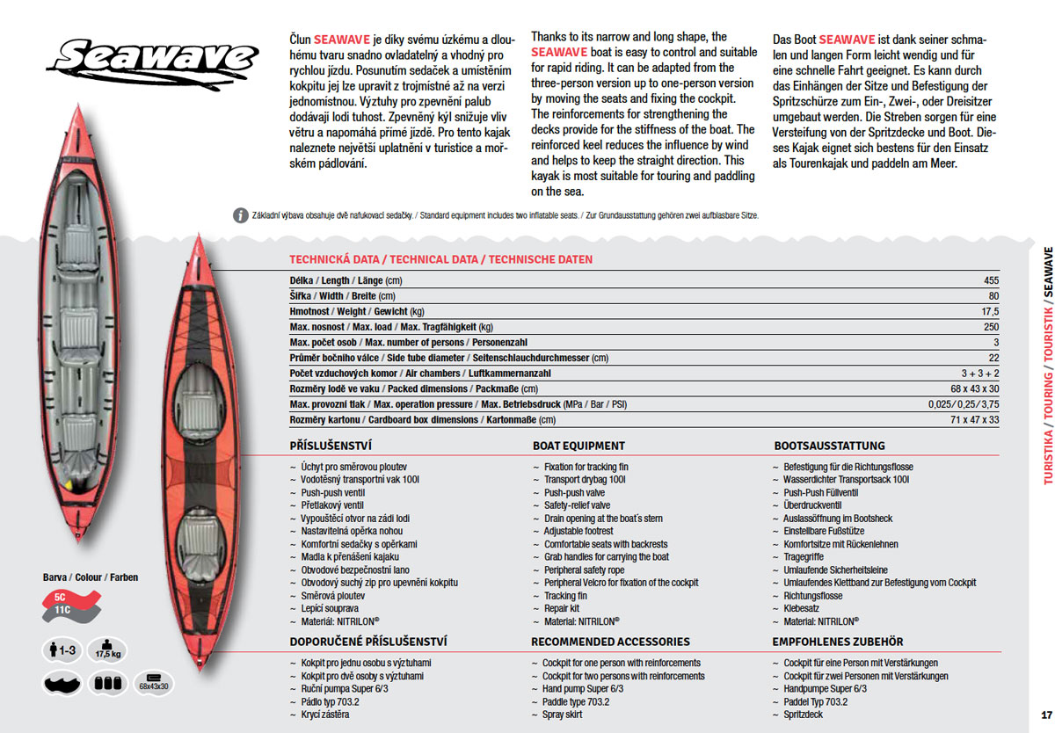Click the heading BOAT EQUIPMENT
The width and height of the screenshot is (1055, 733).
tap(578, 446)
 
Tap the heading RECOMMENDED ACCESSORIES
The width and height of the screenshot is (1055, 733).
tap(610, 642)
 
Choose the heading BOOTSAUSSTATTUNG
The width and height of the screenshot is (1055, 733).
tap(829, 446)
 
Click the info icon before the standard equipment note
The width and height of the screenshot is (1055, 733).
tap(240, 215)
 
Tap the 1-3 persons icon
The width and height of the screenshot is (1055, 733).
tap(61, 651)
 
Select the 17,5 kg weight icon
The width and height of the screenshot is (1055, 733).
tap(108, 650)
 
